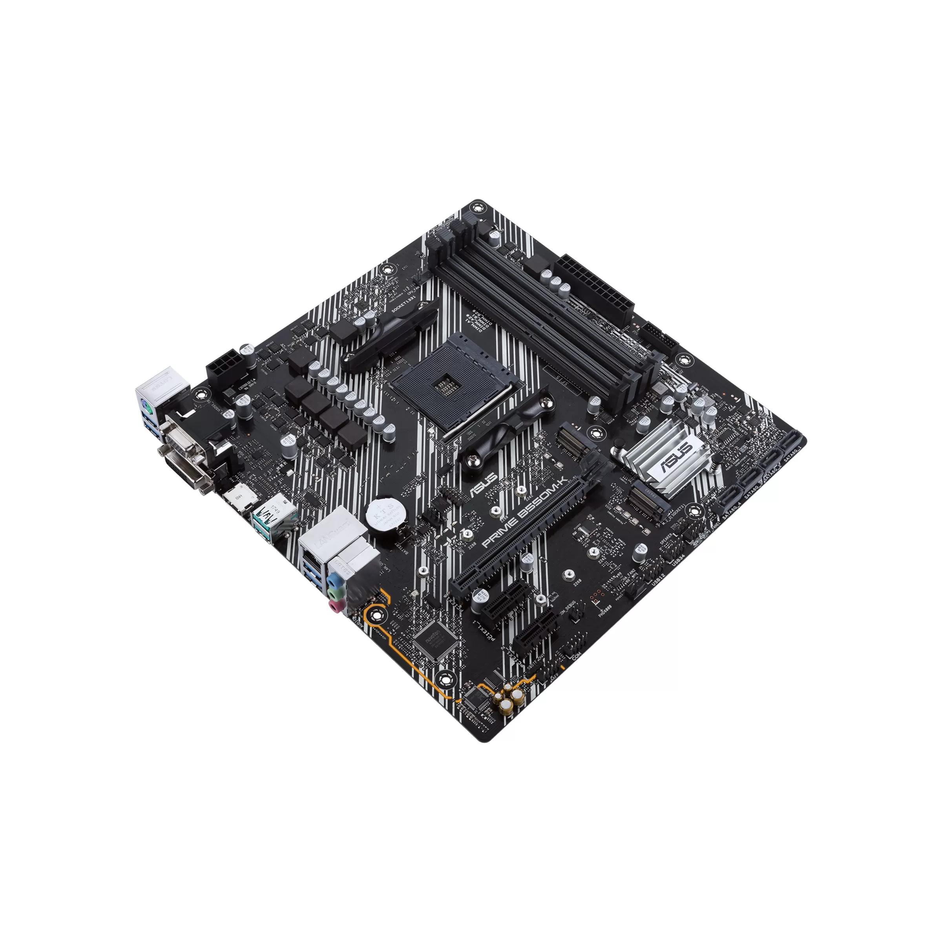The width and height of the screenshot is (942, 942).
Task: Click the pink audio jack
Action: (333, 606)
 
